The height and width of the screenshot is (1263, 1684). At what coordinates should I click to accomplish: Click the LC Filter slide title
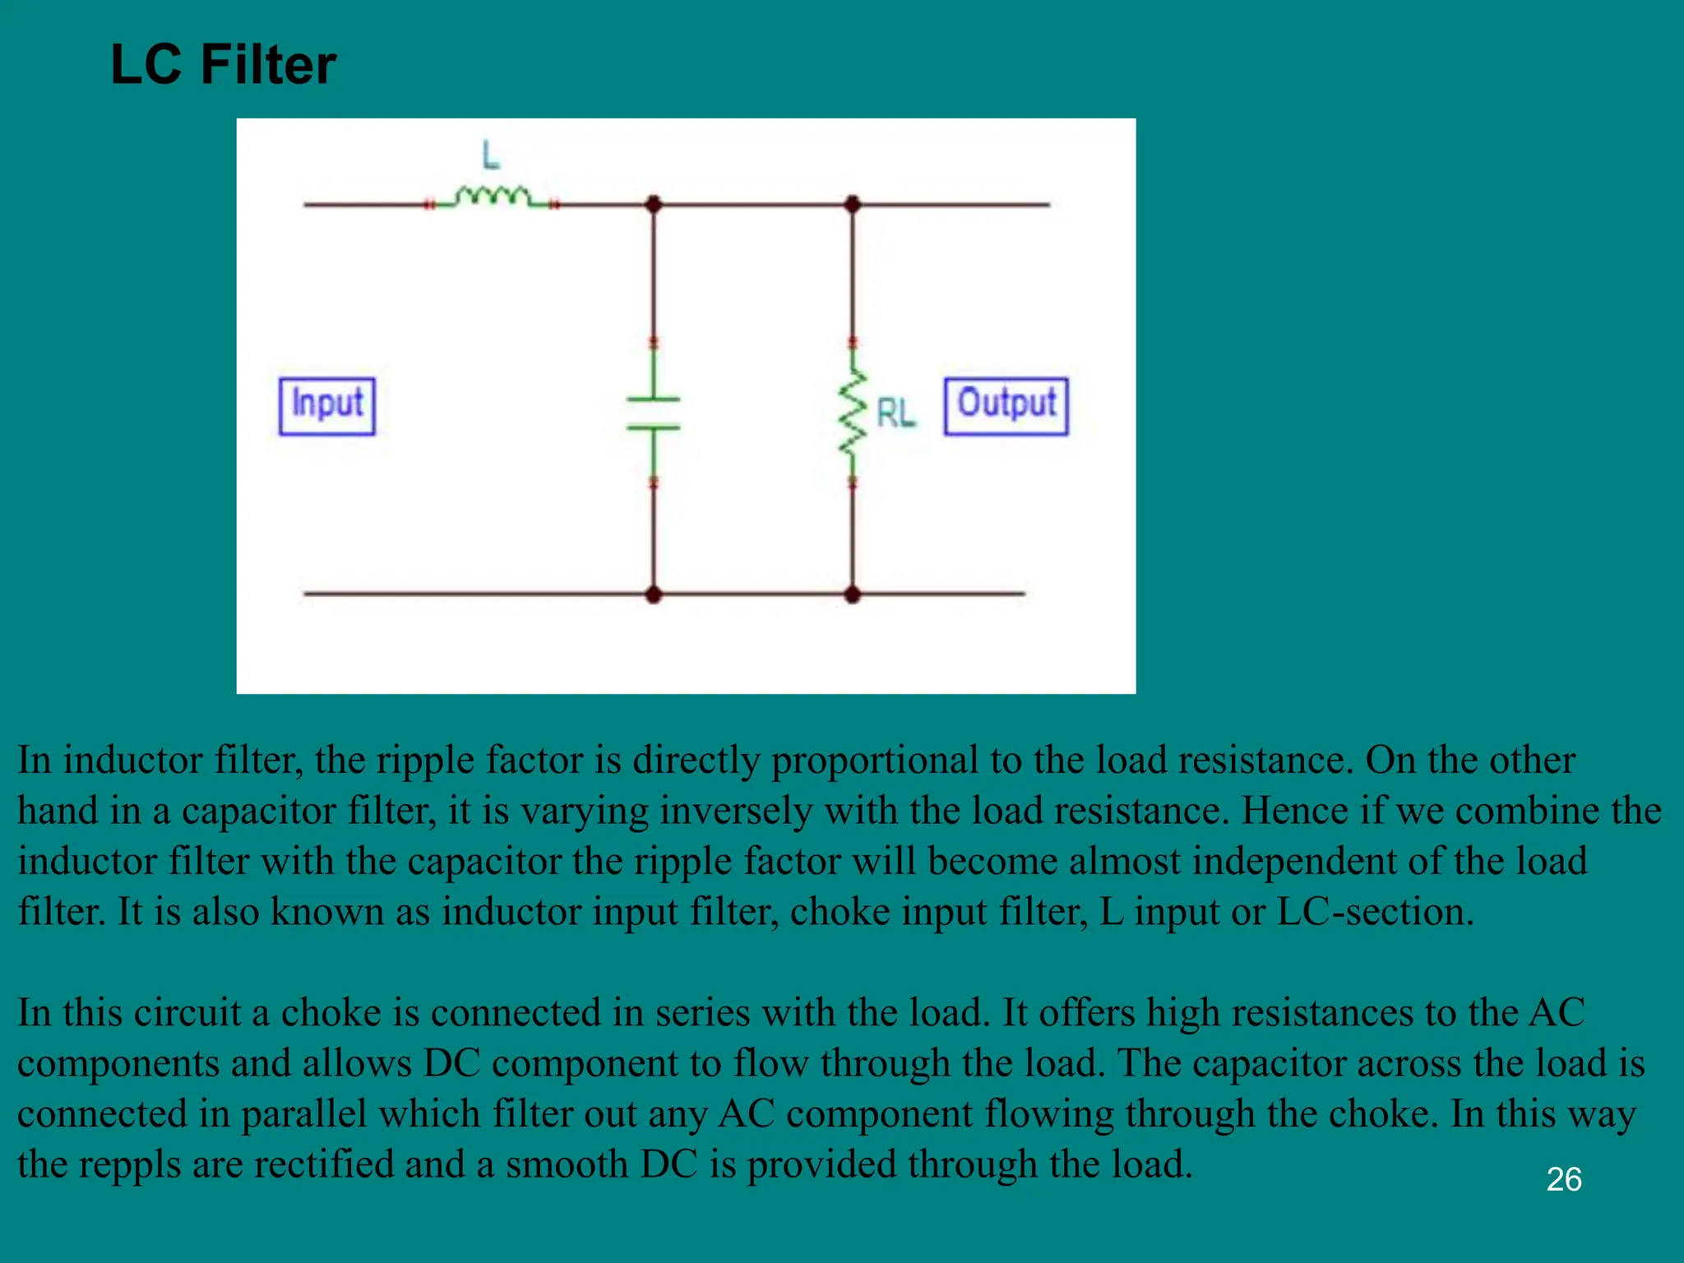coord(223,65)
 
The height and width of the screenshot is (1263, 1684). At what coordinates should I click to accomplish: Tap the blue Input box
coord(327,406)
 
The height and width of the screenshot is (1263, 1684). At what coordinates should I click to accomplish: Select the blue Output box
coord(1006,406)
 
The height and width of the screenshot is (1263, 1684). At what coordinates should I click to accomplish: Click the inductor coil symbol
coord(493,197)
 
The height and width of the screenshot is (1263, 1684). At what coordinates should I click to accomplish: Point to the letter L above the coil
coord(491,155)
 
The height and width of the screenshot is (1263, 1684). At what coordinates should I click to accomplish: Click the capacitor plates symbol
coord(654,414)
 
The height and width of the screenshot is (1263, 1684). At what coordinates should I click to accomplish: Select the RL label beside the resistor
coord(895,413)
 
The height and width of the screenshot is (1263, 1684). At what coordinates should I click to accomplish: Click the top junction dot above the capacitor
coord(654,204)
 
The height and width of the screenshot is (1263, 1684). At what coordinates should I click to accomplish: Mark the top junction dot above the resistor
coord(853,204)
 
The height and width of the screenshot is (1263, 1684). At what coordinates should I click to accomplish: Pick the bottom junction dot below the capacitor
coord(654,594)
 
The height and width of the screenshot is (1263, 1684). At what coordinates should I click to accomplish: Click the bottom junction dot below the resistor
coord(853,594)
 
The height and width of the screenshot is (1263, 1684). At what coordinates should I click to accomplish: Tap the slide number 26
coord(1563,1179)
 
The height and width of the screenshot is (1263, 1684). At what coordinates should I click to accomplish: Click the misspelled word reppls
coord(129,1164)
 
